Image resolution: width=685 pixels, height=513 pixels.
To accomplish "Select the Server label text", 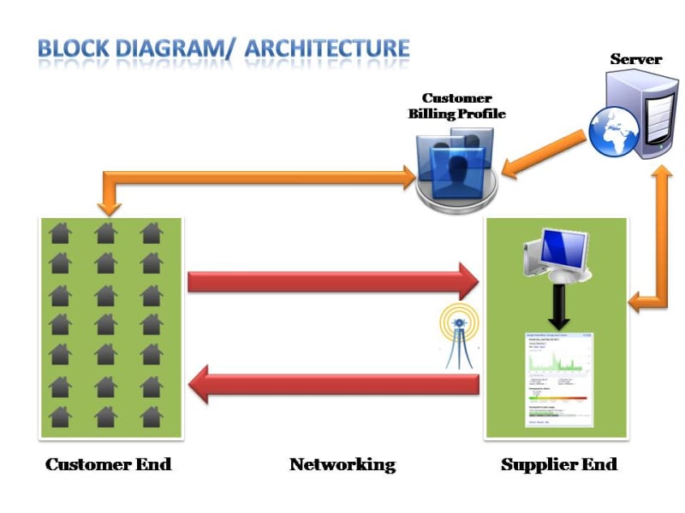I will [635, 59].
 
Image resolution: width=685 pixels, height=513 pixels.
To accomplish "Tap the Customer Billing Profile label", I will [456, 106].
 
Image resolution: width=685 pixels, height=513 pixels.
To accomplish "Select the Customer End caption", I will [109, 465].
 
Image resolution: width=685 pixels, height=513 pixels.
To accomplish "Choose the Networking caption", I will [342, 465].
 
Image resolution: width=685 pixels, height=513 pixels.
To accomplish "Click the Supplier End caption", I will [558, 465].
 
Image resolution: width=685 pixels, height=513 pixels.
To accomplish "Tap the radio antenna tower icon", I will [458, 338].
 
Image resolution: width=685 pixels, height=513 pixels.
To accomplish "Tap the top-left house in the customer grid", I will [60, 233].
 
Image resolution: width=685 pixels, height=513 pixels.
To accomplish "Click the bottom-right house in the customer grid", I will [152, 416].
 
